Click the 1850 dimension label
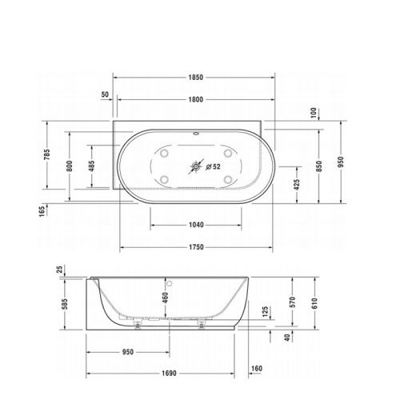[195, 78]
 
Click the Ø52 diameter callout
[213, 168]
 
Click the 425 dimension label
[297, 185]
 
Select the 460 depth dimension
[165, 302]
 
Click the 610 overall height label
[315, 302]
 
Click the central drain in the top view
[194, 168]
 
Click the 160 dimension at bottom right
[256, 370]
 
